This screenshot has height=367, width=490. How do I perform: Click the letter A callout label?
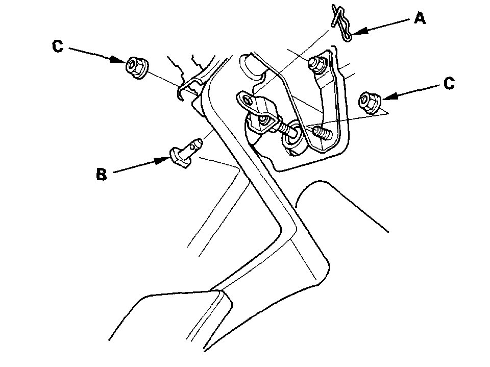point(419,19)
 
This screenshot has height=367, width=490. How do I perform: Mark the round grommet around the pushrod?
point(294,133)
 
